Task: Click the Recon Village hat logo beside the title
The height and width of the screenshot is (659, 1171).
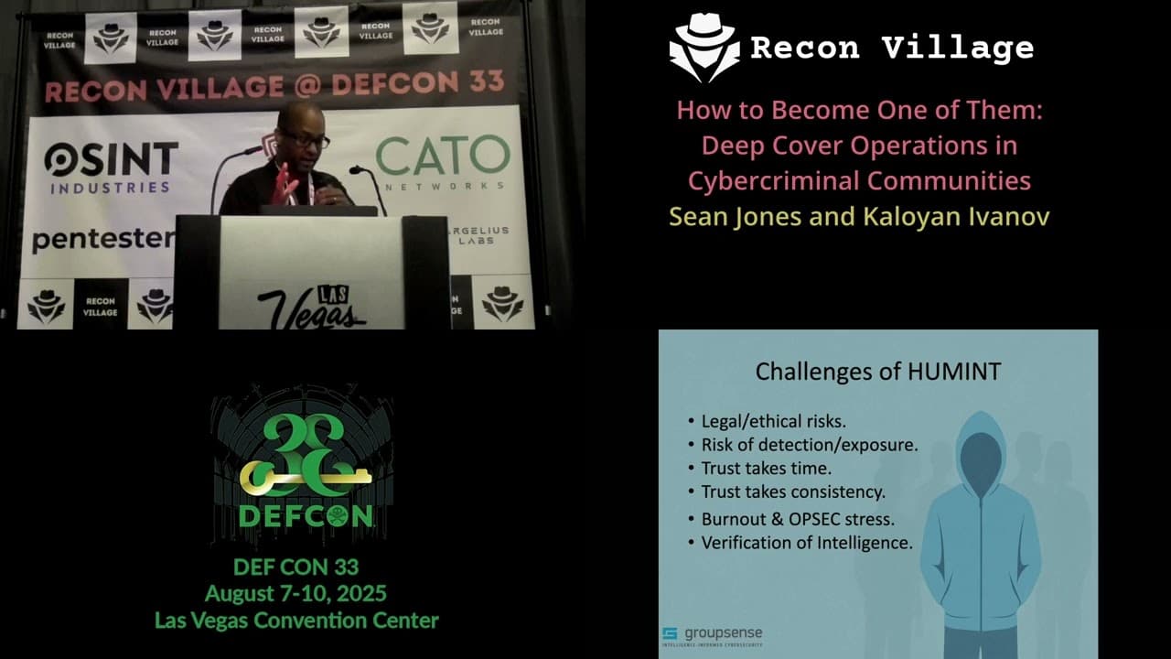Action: (704, 48)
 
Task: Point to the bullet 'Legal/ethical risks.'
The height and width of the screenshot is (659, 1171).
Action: (773, 421)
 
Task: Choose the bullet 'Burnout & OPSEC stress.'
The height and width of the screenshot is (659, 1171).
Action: (797, 518)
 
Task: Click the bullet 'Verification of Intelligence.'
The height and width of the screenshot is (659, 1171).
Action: (806, 542)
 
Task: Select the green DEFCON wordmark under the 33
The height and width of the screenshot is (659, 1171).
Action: (305, 515)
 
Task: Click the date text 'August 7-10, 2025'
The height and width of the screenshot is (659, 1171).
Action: (295, 593)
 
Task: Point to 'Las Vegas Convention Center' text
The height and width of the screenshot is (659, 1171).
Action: (296, 620)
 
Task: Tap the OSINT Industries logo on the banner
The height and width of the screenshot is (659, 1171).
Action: (111, 167)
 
